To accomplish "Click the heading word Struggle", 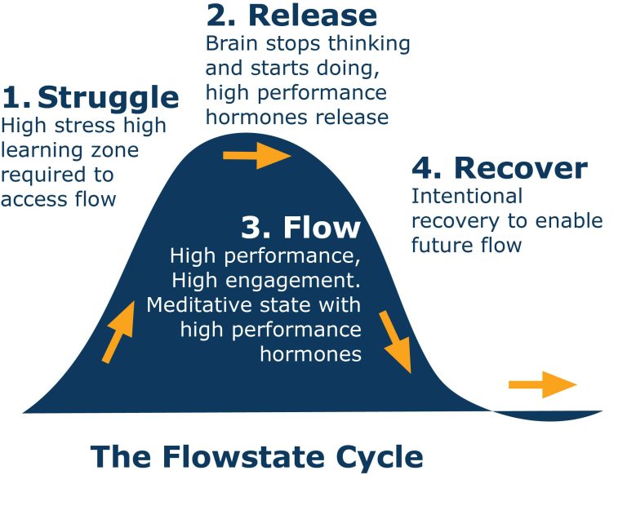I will (109, 98).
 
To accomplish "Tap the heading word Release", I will (313, 15).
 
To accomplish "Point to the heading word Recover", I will (520, 168).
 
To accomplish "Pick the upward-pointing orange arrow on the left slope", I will (118, 331).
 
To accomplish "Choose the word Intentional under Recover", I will (466, 197).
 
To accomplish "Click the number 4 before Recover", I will (423, 168).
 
